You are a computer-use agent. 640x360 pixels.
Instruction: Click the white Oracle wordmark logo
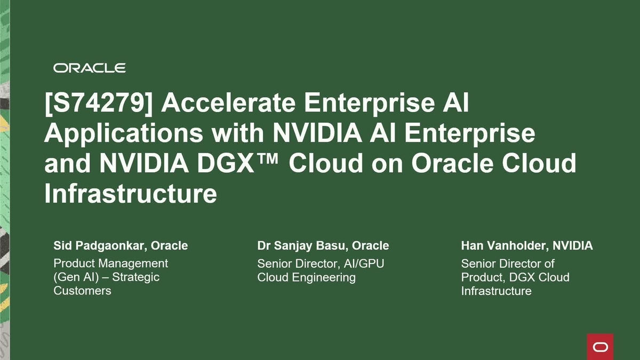tap(89, 68)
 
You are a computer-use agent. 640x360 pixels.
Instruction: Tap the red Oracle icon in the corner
tap(600, 347)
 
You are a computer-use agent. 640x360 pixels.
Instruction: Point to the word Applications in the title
tap(123, 133)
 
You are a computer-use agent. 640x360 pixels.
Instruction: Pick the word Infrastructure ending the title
tap(131, 194)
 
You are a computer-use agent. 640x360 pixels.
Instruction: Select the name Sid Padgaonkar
tap(99, 246)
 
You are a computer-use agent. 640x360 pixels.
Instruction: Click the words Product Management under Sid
tap(110, 263)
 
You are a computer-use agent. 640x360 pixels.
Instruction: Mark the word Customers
tap(82, 291)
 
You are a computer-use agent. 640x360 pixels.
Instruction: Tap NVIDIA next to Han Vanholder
tap(572, 246)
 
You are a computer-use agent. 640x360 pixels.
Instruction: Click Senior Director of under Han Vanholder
tap(508, 263)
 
